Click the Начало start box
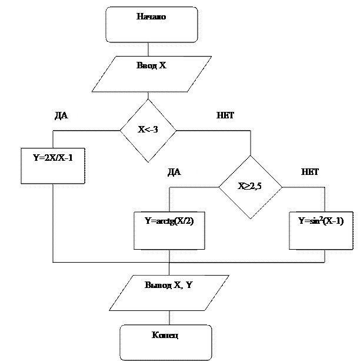(151, 25)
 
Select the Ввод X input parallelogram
(151, 74)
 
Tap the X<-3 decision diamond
(148, 130)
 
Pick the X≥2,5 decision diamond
(250, 187)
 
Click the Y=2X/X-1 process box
(53, 165)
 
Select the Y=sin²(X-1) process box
(321, 230)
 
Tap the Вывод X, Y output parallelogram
(168, 293)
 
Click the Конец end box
(165, 342)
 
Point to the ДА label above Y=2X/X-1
(62, 117)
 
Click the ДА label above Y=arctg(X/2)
(174, 173)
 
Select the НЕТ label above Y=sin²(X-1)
(310, 173)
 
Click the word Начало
(151, 17)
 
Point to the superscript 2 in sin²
(322, 218)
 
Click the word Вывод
(157, 285)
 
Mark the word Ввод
(145, 65)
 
